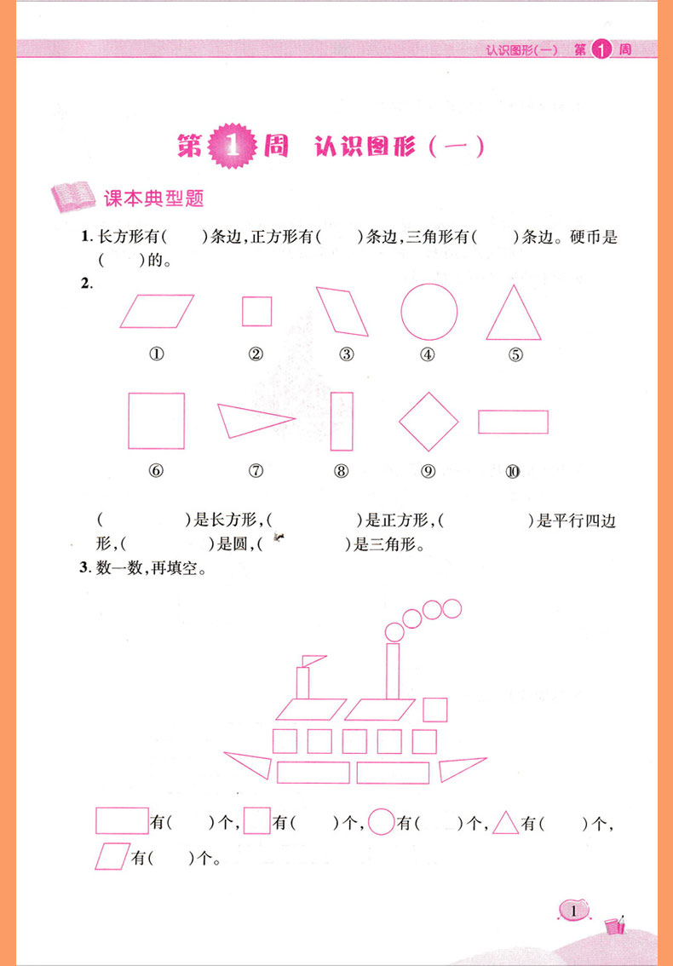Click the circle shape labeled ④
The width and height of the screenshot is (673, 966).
point(401,312)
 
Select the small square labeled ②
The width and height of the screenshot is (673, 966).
point(242,311)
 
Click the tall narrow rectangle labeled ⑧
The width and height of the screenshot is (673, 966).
point(331,422)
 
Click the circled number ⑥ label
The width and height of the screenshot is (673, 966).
point(156,471)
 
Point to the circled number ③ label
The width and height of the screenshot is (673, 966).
point(347,354)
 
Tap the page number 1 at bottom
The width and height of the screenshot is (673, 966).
point(574,911)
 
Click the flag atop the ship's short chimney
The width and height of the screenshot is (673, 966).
point(314,660)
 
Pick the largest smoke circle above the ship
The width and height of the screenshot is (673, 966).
point(394,631)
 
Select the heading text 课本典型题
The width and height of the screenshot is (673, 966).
point(154,198)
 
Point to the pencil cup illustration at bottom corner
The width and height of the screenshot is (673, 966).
point(614,925)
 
